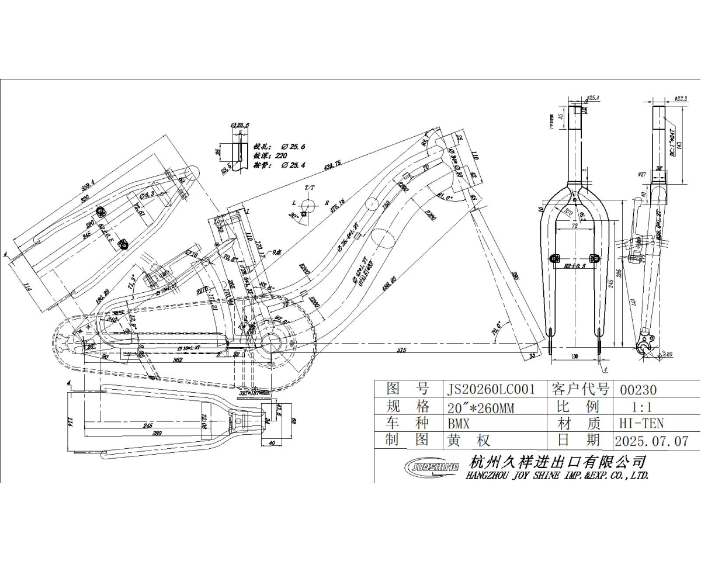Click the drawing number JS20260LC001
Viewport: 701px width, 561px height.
click(x=490, y=390)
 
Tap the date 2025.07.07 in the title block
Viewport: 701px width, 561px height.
click(x=651, y=441)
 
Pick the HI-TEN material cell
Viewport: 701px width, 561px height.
click(x=641, y=423)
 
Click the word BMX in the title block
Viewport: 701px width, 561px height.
click(x=458, y=423)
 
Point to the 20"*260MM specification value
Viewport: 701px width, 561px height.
click(x=480, y=407)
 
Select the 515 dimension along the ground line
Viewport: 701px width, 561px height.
click(x=401, y=349)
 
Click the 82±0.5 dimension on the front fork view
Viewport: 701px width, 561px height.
click(x=575, y=266)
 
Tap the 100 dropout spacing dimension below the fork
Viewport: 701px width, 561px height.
click(x=575, y=355)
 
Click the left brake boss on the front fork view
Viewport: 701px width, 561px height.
click(x=556, y=258)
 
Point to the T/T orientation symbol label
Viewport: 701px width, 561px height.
click(x=309, y=188)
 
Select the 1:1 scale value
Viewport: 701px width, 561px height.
click(x=641, y=407)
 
